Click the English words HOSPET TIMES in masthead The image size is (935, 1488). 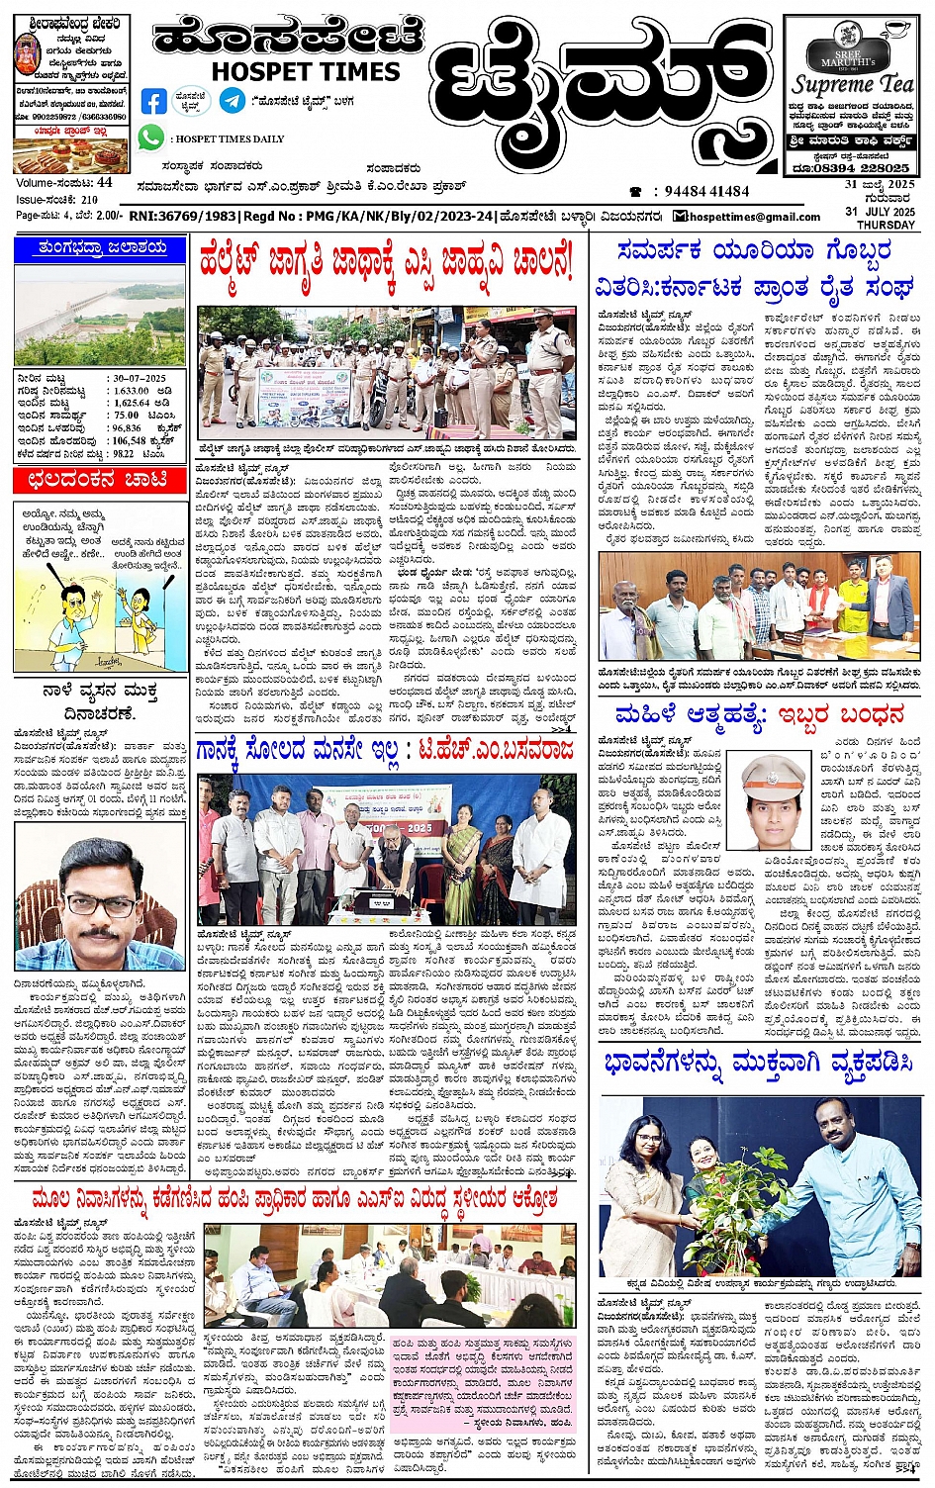coord(305,72)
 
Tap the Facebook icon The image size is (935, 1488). coord(154,101)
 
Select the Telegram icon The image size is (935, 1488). coord(233,100)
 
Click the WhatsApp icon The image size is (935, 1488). coord(150,139)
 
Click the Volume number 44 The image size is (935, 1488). coord(104,182)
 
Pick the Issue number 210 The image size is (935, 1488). coord(89,199)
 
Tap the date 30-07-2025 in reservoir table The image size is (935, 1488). coord(139,379)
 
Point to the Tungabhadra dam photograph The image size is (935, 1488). coord(99,315)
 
